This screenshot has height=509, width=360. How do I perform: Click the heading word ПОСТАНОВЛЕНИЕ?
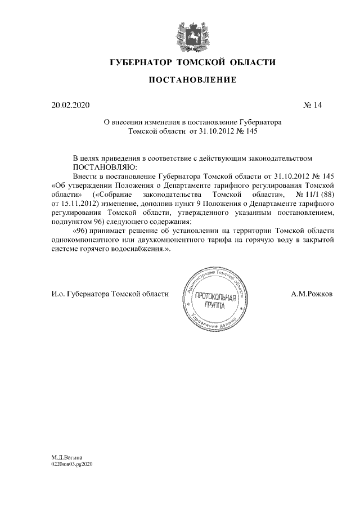(192, 81)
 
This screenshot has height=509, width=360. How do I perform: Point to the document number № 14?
(312, 105)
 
